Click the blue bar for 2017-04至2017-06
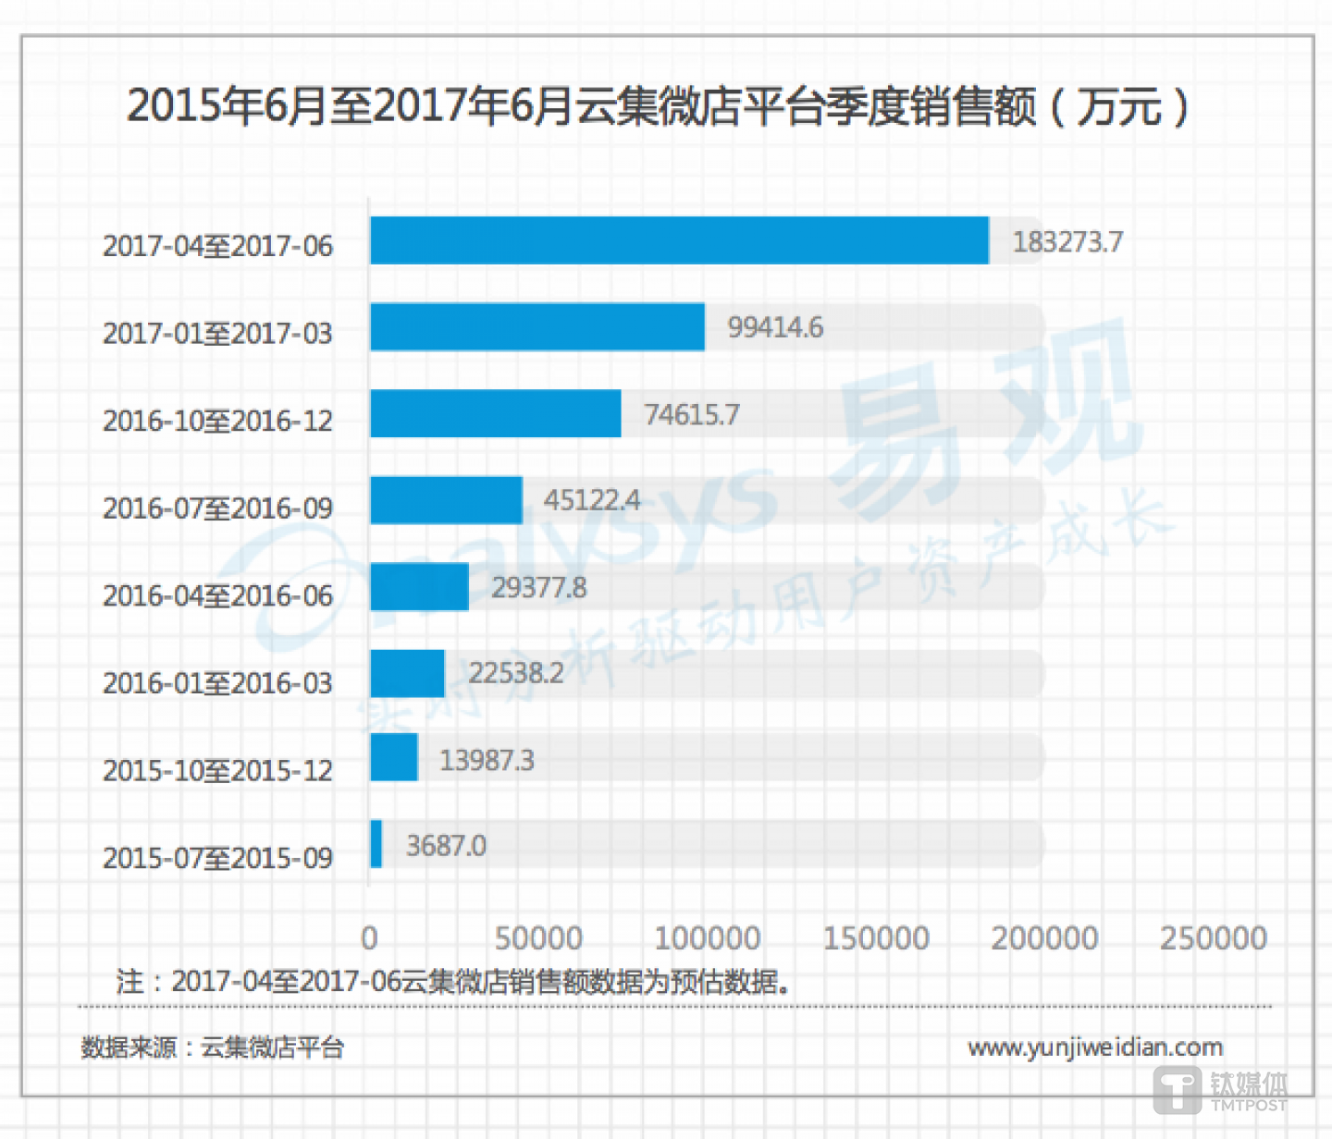pos(679,240)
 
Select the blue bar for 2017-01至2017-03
pos(536,327)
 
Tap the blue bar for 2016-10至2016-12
pos(495,413)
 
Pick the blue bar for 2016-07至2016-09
pos(446,500)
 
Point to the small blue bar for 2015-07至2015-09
pos(376,844)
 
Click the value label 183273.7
pos(1067,242)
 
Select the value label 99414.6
pos(775,327)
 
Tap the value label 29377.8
pos(538,587)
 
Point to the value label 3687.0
pos(446,846)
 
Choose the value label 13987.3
pos(487,760)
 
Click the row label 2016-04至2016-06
pos(217,596)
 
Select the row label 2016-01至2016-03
pos(217,683)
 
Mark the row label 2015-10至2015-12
pos(217,770)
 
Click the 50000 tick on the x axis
pos(538,938)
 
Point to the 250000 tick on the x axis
pos(1213,938)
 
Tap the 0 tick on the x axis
pos(369,938)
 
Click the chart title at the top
pos(657,106)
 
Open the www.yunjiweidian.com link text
pos(1095,1047)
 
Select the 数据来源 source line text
pos(213,1047)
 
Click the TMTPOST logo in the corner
pos(1220,1091)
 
